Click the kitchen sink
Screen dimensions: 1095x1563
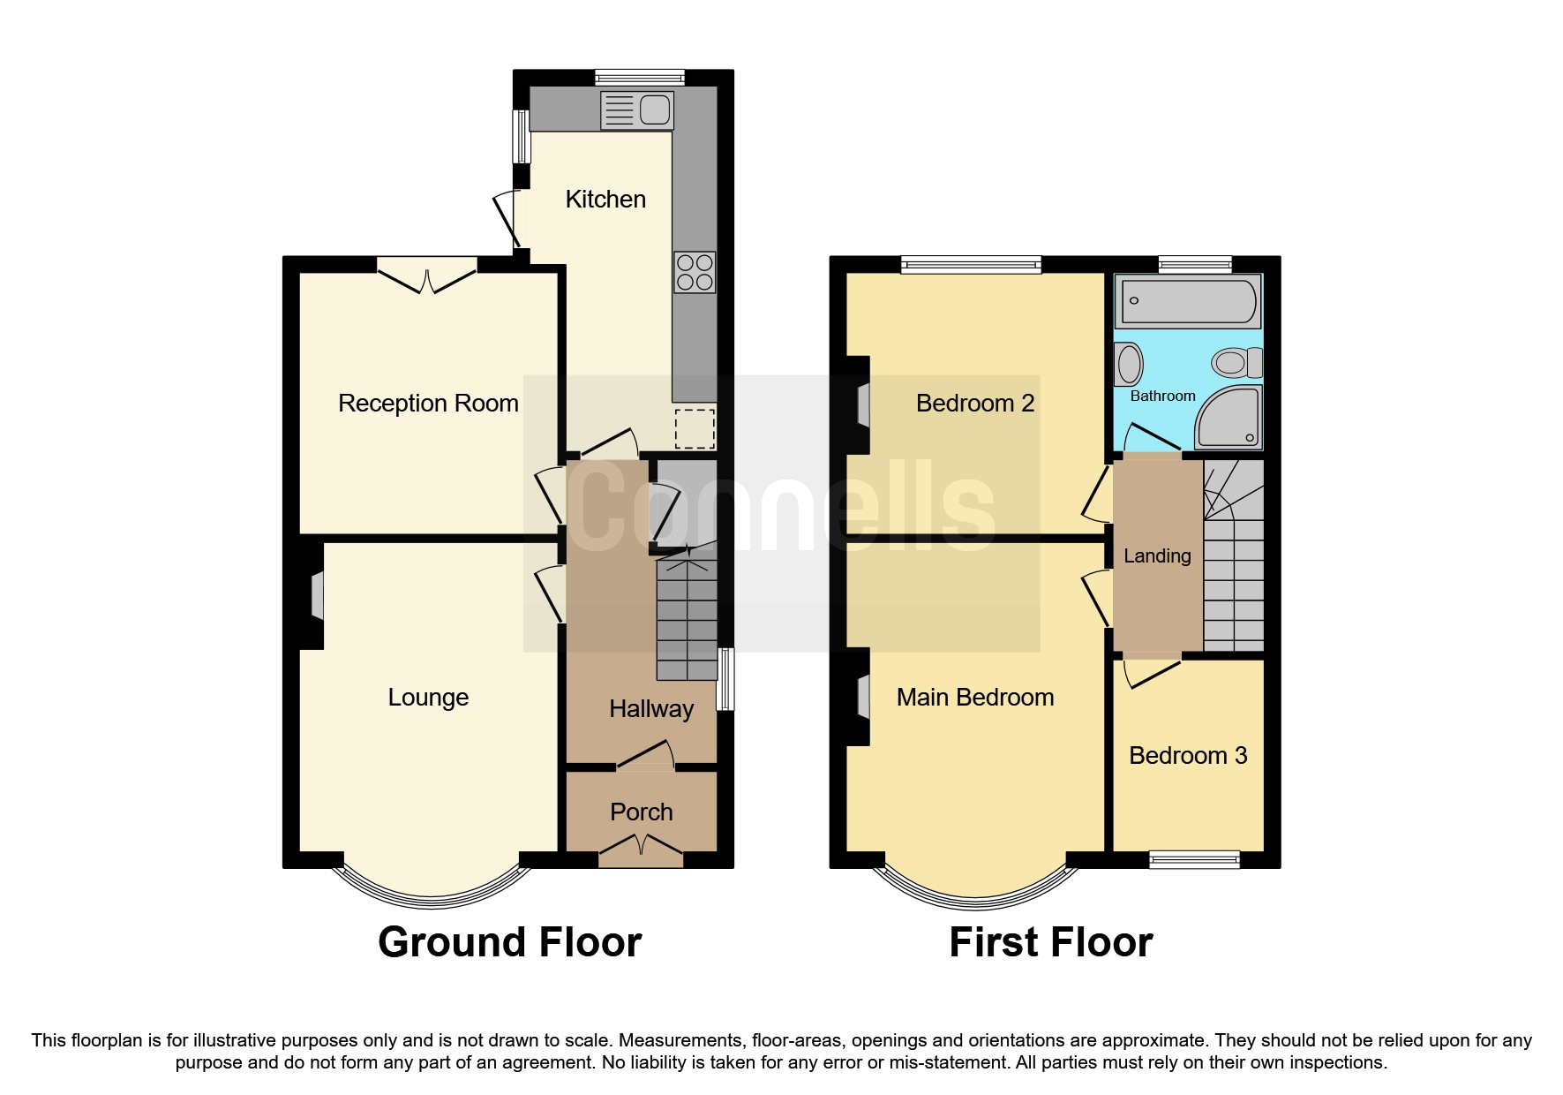(x=636, y=111)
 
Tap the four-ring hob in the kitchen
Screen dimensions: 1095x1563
(x=695, y=272)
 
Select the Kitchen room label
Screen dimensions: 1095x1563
(x=605, y=200)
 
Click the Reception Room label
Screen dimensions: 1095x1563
(x=428, y=404)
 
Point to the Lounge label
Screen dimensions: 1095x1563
(x=428, y=698)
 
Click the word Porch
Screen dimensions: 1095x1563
(x=641, y=812)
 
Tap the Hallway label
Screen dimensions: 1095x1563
(x=651, y=709)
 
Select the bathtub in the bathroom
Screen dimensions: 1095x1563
(x=1188, y=301)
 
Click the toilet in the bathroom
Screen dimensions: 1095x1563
(x=1236, y=362)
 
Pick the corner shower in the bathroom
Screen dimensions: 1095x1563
(x=1229, y=418)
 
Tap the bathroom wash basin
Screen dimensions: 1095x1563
(x=1129, y=364)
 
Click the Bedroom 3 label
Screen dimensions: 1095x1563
(x=1188, y=756)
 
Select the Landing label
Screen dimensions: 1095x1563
(x=1157, y=556)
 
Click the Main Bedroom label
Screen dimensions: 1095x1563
(x=975, y=698)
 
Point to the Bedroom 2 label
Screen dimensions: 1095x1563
(x=975, y=404)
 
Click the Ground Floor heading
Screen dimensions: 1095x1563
(x=509, y=942)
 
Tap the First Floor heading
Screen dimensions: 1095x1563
(x=1050, y=942)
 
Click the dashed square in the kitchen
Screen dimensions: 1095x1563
(x=695, y=428)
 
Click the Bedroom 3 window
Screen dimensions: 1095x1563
(x=1194, y=859)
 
